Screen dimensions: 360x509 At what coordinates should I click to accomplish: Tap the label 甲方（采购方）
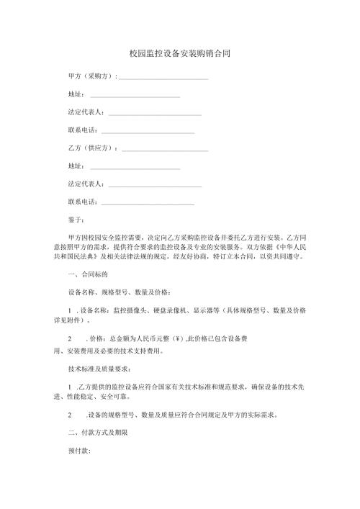[x=90, y=76]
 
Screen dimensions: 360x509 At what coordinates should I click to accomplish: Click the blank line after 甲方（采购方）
[x=163, y=77]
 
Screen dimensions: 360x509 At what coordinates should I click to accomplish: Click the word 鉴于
[x=76, y=218]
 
